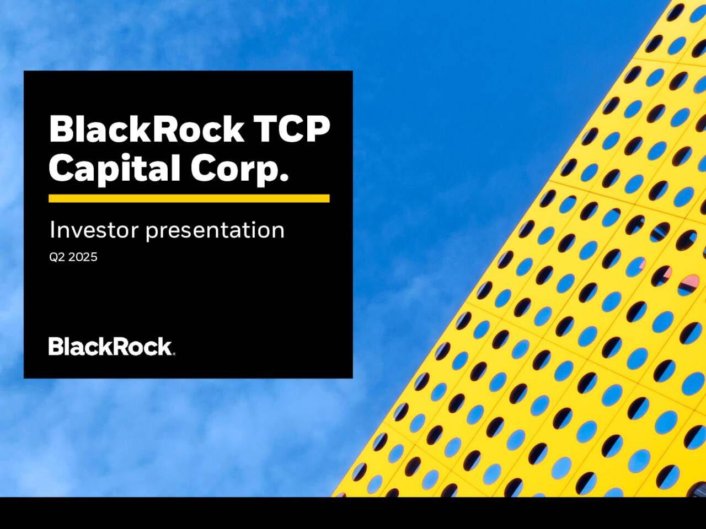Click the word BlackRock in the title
pyautogui.click(x=146, y=129)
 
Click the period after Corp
pyautogui.click(x=285, y=178)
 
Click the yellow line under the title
pyautogui.click(x=189, y=198)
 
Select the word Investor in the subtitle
pyautogui.click(x=94, y=230)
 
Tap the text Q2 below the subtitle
pyautogui.click(x=57, y=257)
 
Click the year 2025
pyautogui.click(x=83, y=257)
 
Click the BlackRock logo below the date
pyautogui.click(x=110, y=347)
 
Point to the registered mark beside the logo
pyautogui.click(x=174, y=354)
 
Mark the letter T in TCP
pyautogui.click(x=264, y=129)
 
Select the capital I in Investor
pyautogui.click(x=52, y=230)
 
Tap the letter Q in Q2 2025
pyautogui.click(x=54, y=257)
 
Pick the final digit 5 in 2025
pyautogui.click(x=94, y=257)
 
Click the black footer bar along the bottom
pyautogui.click(x=353, y=513)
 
